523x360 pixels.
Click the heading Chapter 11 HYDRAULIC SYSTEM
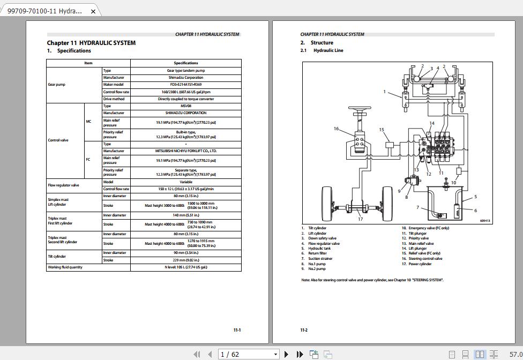click(91, 43)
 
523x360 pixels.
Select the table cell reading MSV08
click(185, 106)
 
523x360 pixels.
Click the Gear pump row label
click(56, 85)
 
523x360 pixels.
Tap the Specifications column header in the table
click(185, 63)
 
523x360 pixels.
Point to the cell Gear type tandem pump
click(185, 71)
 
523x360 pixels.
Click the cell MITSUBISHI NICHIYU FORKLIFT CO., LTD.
click(185, 151)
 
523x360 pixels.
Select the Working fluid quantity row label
click(65, 267)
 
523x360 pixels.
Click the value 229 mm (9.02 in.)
click(185, 260)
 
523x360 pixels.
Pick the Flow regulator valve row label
click(63, 185)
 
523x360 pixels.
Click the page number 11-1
click(237, 330)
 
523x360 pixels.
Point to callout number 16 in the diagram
click(337, 129)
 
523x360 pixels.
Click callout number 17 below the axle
click(361, 219)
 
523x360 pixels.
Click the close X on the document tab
click(93, 11)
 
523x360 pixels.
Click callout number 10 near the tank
click(453, 182)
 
